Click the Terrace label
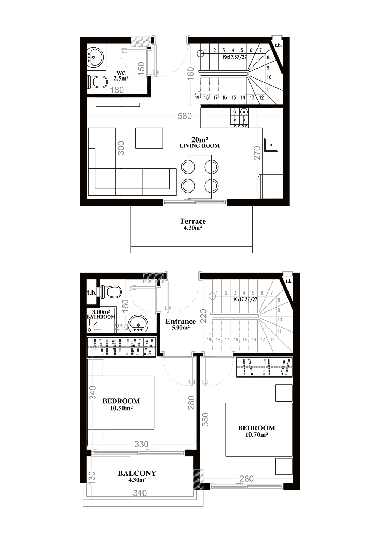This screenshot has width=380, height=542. [x=192, y=221]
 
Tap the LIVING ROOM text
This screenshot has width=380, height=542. [x=199, y=146]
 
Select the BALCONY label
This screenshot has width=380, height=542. [x=137, y=473]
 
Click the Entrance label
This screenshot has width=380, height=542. [x=180, y=321]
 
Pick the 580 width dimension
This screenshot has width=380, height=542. [x=185, y=116]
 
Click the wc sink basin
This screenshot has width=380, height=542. [x=95, y=57]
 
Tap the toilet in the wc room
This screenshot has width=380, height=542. [x=97, y=82]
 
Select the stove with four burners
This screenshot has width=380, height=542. [x=240, y=118]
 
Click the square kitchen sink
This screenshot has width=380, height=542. [x=271, y=145]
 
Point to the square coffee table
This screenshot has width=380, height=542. [x=149, y=138]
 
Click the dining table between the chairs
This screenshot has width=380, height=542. [x=200, y=177]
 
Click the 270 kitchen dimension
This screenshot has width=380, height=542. [x=257, y=153]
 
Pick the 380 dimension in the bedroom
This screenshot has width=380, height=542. [x=205, y=419]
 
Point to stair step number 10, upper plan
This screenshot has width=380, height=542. [x=269, y=77]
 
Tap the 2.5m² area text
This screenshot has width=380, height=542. [x=121, y=78]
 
